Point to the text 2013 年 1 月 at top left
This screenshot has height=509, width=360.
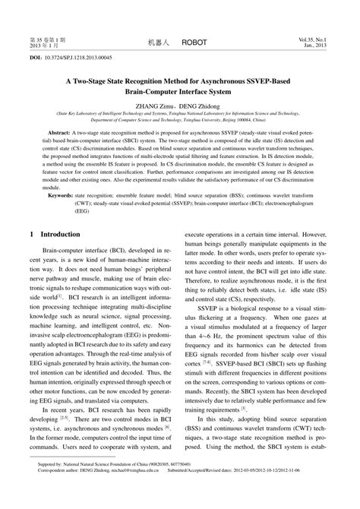[44, 44]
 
